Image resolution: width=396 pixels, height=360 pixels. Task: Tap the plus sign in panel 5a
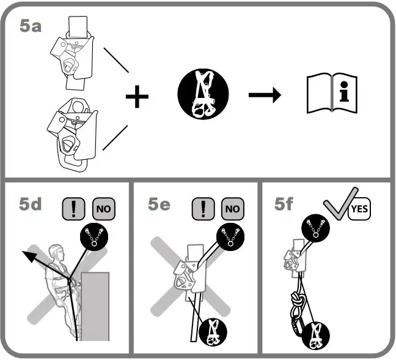(x=137, y=97)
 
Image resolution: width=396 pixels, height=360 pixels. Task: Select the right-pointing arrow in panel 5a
(x=264, y=96)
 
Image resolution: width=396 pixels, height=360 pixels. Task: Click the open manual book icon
(x=331, y=96)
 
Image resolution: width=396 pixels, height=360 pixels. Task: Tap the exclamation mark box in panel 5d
(x=73, y=209)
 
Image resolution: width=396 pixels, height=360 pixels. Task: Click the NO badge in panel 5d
(x=103, y=209)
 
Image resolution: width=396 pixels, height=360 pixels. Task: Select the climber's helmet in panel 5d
(x=57, y=251)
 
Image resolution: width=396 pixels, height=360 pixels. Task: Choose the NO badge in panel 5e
(x=233, y=209)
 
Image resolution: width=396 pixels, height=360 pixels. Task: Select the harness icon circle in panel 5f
(x=317, y=335)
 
